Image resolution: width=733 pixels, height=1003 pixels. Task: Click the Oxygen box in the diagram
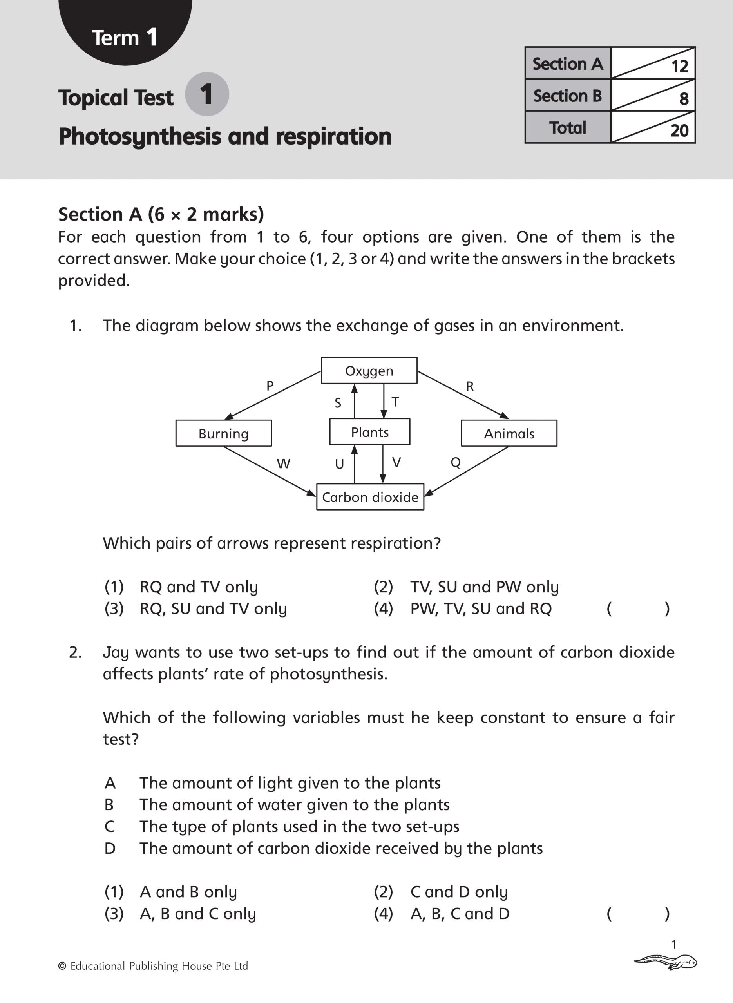point(369,370)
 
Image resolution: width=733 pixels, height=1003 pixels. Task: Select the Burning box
point(224,433)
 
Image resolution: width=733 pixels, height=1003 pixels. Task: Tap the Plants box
point(369,432)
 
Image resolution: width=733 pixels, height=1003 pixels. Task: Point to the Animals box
point(509,433)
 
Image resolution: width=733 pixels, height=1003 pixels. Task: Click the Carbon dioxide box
point(370,497)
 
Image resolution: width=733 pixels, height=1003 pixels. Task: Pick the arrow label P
point(270,386)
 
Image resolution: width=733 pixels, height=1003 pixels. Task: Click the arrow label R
point(470,386)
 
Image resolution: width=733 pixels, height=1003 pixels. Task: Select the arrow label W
point(283,463)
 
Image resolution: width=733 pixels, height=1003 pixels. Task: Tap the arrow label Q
point(456,463)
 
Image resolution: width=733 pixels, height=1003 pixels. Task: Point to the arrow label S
point(338,403)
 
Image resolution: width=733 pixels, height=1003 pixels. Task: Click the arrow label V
point(397,462)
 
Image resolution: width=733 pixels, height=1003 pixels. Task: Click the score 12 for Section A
point(679,67)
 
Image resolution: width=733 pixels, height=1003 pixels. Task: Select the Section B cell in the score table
point(568,95)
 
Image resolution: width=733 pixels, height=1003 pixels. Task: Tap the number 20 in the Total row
point(679,130)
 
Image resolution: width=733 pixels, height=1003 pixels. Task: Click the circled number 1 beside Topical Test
point(207,94)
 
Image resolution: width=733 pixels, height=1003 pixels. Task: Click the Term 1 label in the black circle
point(125,37)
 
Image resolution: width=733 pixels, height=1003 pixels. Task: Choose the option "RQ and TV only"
point(198,587)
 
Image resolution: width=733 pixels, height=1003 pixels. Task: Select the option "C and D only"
point(459,891)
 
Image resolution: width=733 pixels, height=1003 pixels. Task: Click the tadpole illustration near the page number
point(666,962)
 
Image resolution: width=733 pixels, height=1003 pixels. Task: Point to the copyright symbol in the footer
point(63,966)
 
